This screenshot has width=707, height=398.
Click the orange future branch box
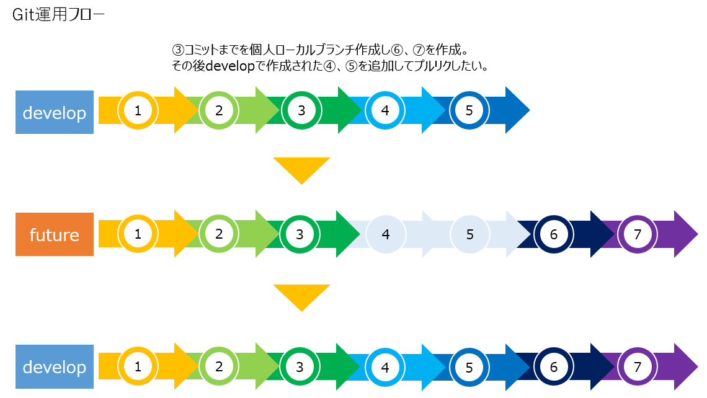55,234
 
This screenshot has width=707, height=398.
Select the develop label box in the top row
55,112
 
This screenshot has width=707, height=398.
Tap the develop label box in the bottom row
55,366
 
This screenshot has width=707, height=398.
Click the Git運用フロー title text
58,15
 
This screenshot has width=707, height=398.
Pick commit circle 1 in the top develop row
138,110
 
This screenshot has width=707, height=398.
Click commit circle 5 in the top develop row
469,110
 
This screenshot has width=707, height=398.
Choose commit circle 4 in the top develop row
385,110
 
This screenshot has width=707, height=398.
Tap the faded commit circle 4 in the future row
386,234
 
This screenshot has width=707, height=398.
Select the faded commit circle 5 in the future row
470,234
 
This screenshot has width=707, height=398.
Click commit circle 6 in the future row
554,234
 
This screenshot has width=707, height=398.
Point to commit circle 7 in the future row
638,234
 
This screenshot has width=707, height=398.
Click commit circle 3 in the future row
300,234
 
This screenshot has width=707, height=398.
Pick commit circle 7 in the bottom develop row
638,367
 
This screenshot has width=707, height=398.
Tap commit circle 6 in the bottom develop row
554,367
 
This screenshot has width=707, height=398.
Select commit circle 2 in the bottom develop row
219,367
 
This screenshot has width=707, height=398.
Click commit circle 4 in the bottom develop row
385,367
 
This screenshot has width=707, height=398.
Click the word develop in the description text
231,66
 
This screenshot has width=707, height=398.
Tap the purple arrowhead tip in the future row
698,234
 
